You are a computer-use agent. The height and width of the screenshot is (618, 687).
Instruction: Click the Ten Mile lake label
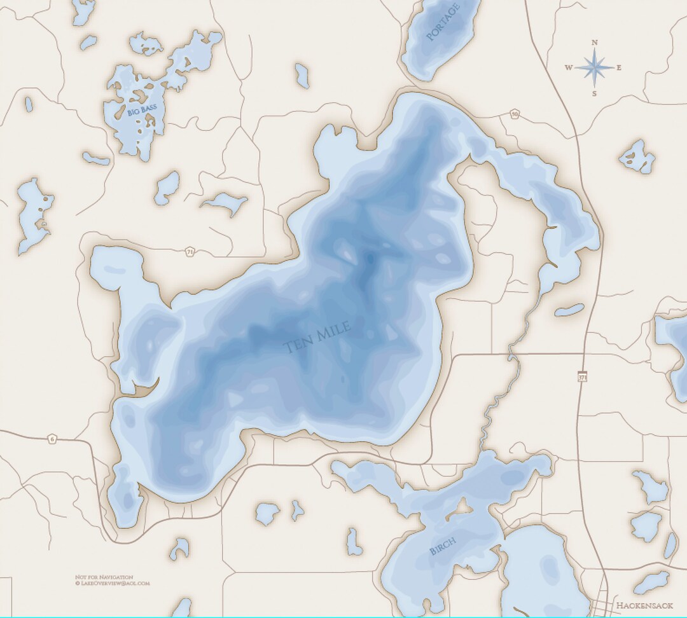click(316, 338)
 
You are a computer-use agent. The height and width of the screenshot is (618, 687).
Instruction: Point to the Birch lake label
click(443, 546)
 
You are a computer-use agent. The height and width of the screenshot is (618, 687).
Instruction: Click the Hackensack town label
click(644, 605)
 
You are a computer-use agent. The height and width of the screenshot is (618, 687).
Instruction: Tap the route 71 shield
click(190, 252)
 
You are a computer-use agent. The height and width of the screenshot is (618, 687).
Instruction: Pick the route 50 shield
click(514, 114)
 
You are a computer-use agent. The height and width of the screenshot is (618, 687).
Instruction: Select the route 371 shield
click(583, 377)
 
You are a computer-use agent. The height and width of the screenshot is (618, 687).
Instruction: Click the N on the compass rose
click(594, 43)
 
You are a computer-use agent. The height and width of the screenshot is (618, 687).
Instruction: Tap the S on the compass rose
click(594, 93)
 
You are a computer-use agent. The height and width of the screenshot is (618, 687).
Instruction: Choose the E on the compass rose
click(619, 68)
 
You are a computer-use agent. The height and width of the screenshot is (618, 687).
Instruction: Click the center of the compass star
click(594, 67)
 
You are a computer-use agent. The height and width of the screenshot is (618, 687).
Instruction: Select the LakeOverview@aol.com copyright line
click(112, 583)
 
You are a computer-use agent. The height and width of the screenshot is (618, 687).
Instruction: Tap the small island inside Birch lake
click(462, 507)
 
